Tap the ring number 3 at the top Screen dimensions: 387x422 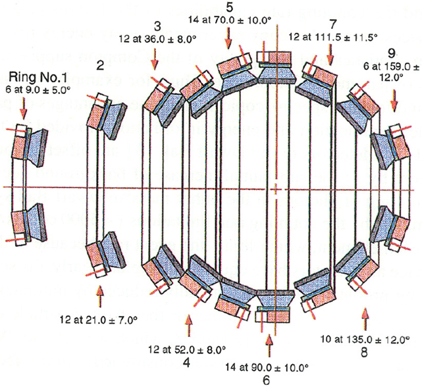(157, 26)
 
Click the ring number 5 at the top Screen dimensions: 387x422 (228, 8)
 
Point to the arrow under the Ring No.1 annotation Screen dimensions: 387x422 (25, 104)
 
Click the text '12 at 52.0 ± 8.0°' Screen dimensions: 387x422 (188, 349)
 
